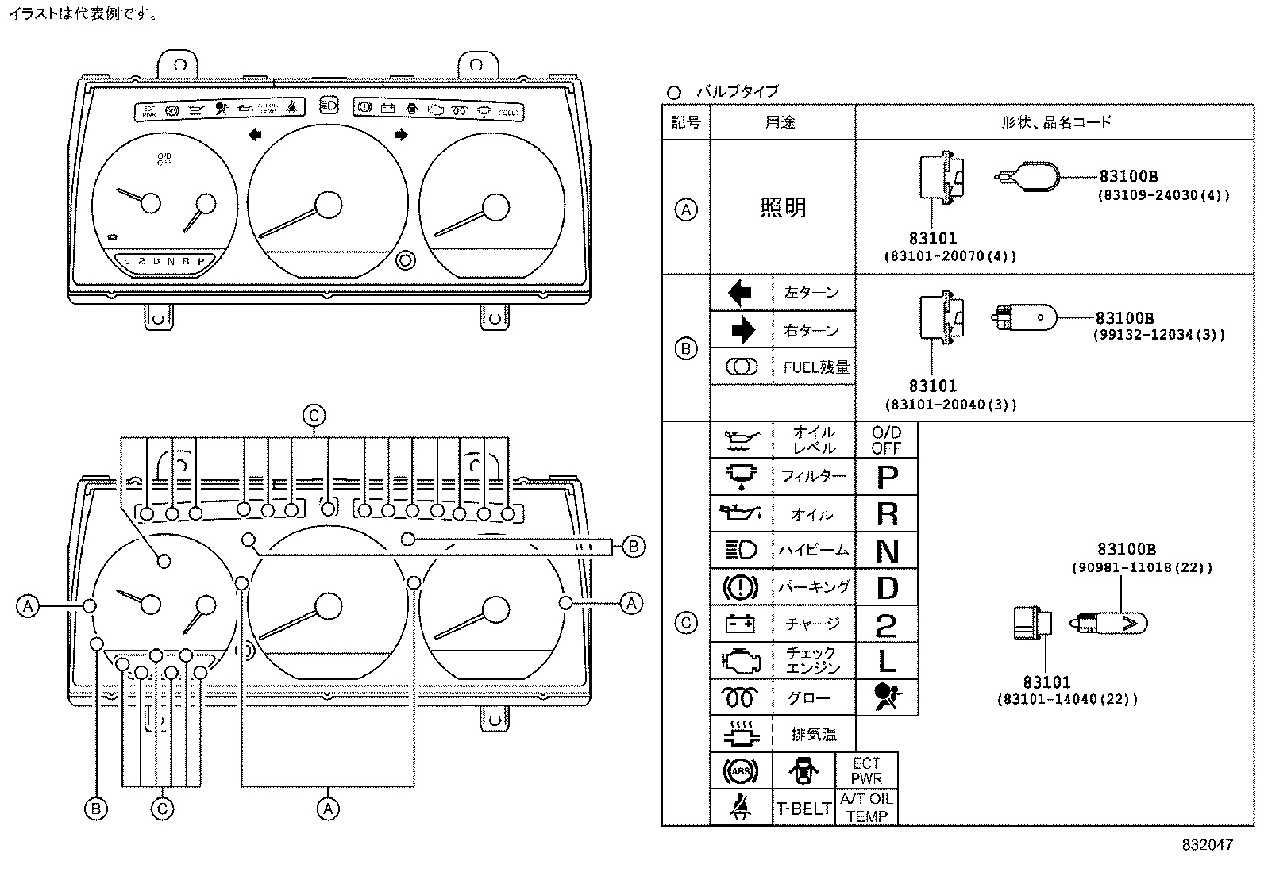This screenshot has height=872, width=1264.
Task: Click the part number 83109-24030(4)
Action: tap(1164, 195)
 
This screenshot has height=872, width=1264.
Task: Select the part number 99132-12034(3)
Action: tap(1159, 335)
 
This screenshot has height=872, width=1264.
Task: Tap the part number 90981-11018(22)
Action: tap(1142, 567)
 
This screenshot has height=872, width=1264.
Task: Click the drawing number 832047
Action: tap(1207, 845)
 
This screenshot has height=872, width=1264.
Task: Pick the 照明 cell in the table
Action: tap(782, 208)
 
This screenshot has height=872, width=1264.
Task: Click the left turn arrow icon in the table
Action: tap(740, 293)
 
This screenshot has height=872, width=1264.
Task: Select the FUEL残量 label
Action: tap(815, 367)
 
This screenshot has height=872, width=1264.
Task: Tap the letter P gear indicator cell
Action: tap(887, 477)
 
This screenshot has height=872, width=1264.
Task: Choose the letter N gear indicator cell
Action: tap(887, 551)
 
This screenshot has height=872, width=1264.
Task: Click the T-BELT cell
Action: tap(803, 809)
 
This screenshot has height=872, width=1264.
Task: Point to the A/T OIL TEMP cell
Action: tap(866, 808)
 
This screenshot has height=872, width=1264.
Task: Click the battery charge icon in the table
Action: tap(740, 624)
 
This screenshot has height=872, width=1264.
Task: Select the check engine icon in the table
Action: tap(740, 661)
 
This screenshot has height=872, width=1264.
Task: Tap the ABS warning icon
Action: tap(740, 771)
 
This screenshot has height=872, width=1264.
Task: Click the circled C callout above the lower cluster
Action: tap(314, 415)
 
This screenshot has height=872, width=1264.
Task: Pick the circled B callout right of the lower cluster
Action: tap(633, 546)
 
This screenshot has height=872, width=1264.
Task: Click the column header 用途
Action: tap(780, 122)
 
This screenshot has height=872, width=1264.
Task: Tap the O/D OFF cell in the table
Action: tap(886, 440)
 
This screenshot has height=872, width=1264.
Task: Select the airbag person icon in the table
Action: tap(886, 697)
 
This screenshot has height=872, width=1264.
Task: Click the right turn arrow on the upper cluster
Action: tap(401, 135)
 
